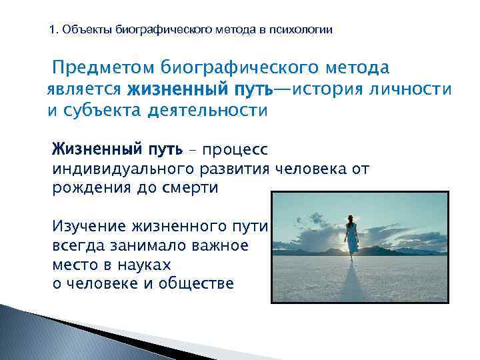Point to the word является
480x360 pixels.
point(84,89)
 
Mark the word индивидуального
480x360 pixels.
point(123,169)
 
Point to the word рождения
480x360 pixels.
point(87,189)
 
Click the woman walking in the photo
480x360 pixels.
point(351,237)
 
